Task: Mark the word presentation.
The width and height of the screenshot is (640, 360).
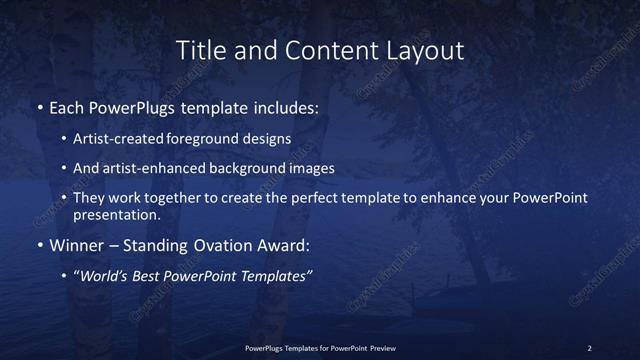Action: (116, 214)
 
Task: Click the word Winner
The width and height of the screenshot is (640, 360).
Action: (77, 245)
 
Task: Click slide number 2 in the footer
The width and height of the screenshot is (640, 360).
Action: (589, 348)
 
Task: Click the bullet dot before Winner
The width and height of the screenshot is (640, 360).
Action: (39, 245)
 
